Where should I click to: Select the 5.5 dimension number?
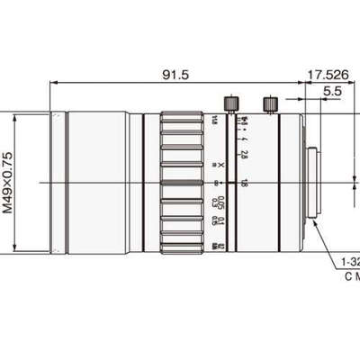pos(330,92)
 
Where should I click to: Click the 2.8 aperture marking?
pos(245,154)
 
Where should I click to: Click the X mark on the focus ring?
pos(221,166)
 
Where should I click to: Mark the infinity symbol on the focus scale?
pos(221,184)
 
